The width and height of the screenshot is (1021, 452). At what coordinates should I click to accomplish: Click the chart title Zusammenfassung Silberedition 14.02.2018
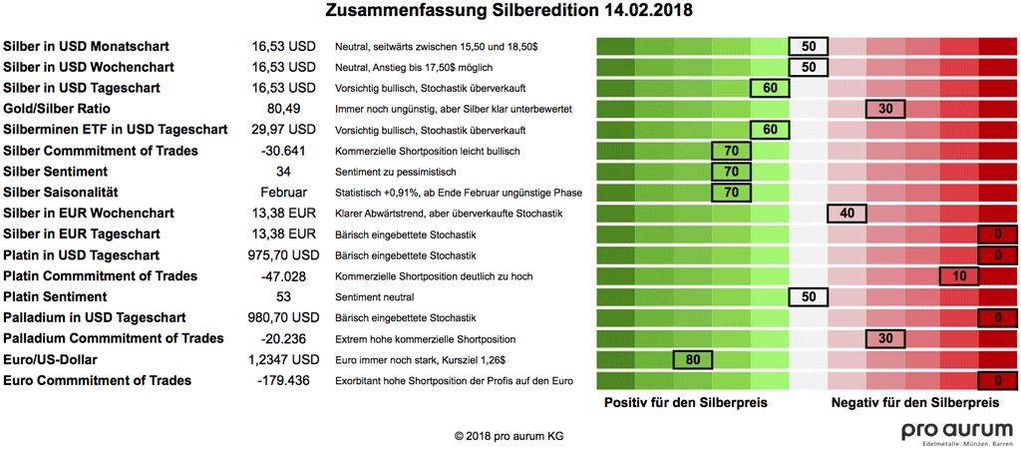click(510, 11)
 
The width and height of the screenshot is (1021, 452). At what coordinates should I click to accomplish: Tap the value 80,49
click(284, 109)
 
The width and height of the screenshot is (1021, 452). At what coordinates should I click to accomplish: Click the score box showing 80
click(693, 359)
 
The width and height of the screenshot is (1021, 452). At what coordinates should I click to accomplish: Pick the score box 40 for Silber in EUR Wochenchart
click(847, 214)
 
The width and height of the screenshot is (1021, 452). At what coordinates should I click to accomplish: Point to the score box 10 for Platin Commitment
click(959, 275)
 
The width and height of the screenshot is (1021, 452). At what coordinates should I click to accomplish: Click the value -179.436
click(284, 380)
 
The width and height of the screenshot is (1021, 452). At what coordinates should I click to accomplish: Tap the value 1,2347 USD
click(284, 359)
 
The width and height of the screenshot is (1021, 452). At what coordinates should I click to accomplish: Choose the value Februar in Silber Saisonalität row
click(284, 193)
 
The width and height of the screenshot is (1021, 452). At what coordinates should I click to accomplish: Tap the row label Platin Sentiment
click(56, 296)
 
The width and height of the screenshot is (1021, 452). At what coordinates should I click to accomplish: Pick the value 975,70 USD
click(284, 255)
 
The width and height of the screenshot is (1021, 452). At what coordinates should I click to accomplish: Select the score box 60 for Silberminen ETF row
click(769, 130)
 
